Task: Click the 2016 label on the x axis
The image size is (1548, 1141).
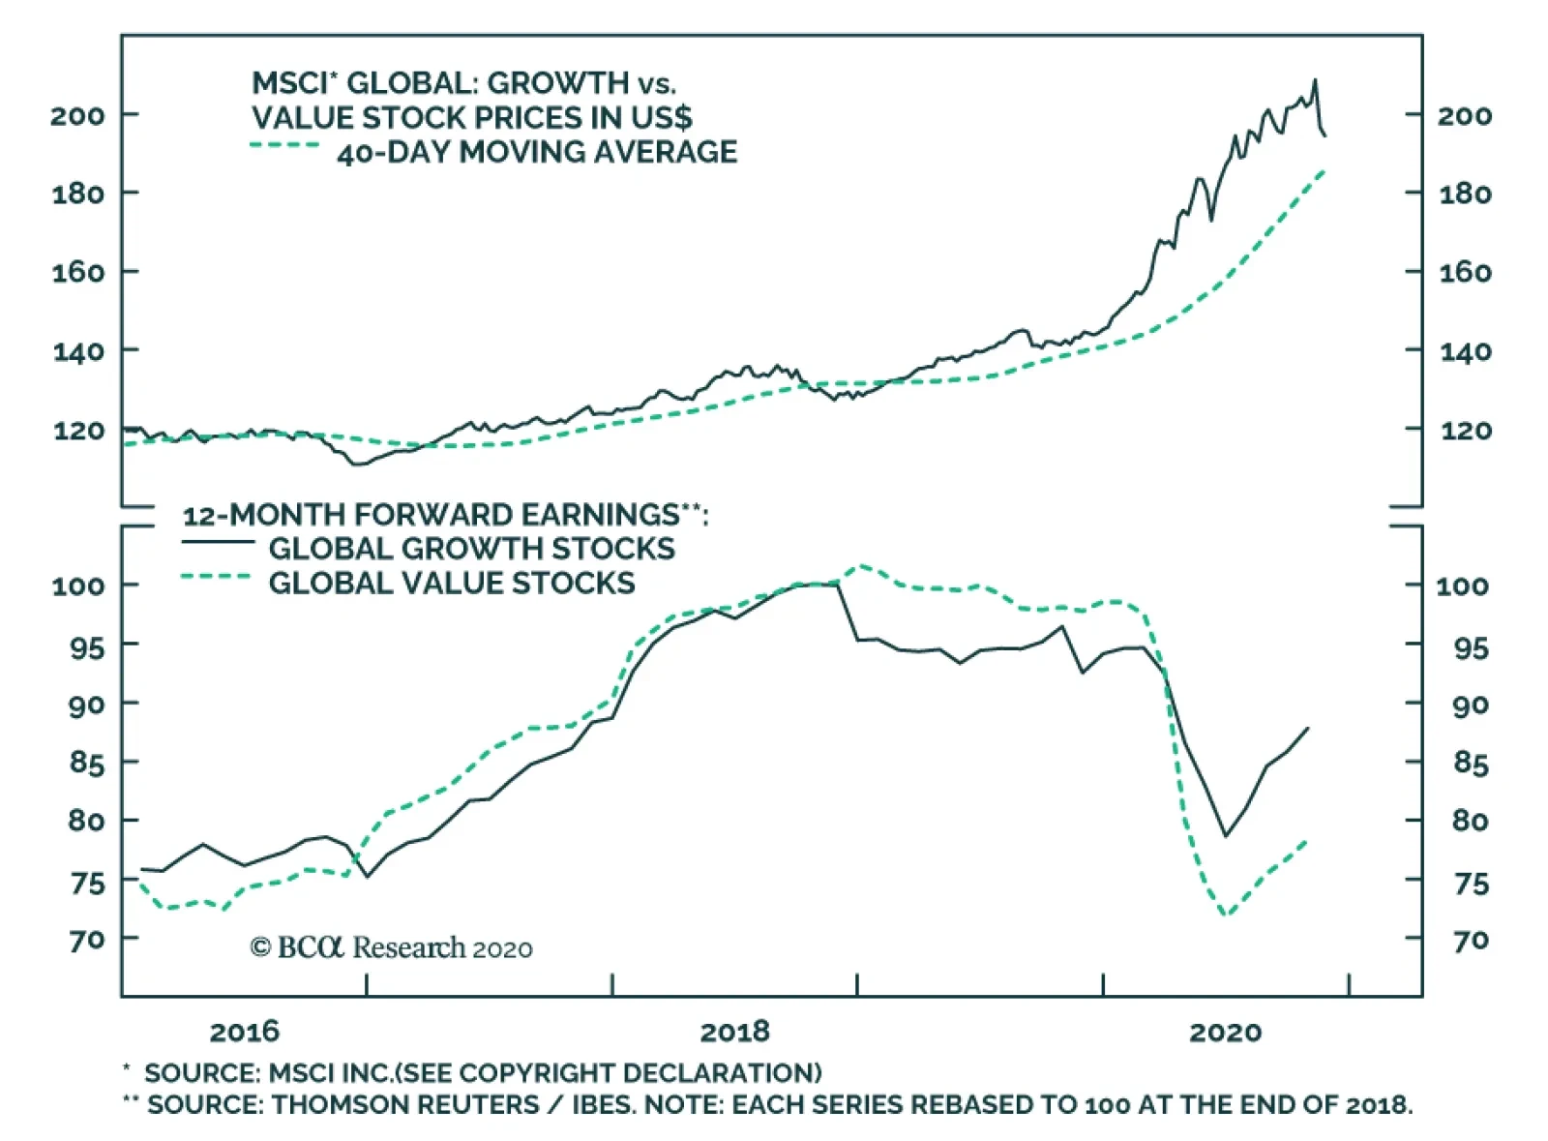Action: (244, 1032)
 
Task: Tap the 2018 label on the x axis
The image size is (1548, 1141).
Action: (734, 1032)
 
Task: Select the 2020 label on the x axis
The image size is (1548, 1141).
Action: (1225, 1032)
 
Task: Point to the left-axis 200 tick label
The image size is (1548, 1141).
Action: (77, 115)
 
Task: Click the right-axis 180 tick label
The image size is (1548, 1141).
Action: (1465, 194)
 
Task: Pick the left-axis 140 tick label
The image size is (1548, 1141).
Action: (77, 350)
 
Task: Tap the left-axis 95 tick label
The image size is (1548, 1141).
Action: (86, 646)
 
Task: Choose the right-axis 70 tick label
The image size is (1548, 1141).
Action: (1471, 940)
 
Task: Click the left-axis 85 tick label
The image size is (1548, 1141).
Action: (86, 764)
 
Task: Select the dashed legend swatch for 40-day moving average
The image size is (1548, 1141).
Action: (284, 146)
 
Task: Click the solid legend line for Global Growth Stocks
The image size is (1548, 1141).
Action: (218, 542)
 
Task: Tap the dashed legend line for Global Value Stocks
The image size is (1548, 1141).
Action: (218, 578)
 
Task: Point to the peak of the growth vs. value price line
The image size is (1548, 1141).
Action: (1314, 80)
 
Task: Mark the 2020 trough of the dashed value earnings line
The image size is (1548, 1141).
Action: (1227, 914)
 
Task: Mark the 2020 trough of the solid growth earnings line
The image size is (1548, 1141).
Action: (1226, 835)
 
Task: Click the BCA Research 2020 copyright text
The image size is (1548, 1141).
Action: (391, 947)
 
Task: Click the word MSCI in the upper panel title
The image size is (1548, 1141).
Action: (286, 83)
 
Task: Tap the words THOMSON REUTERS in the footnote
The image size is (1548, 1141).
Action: (404, 1104)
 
